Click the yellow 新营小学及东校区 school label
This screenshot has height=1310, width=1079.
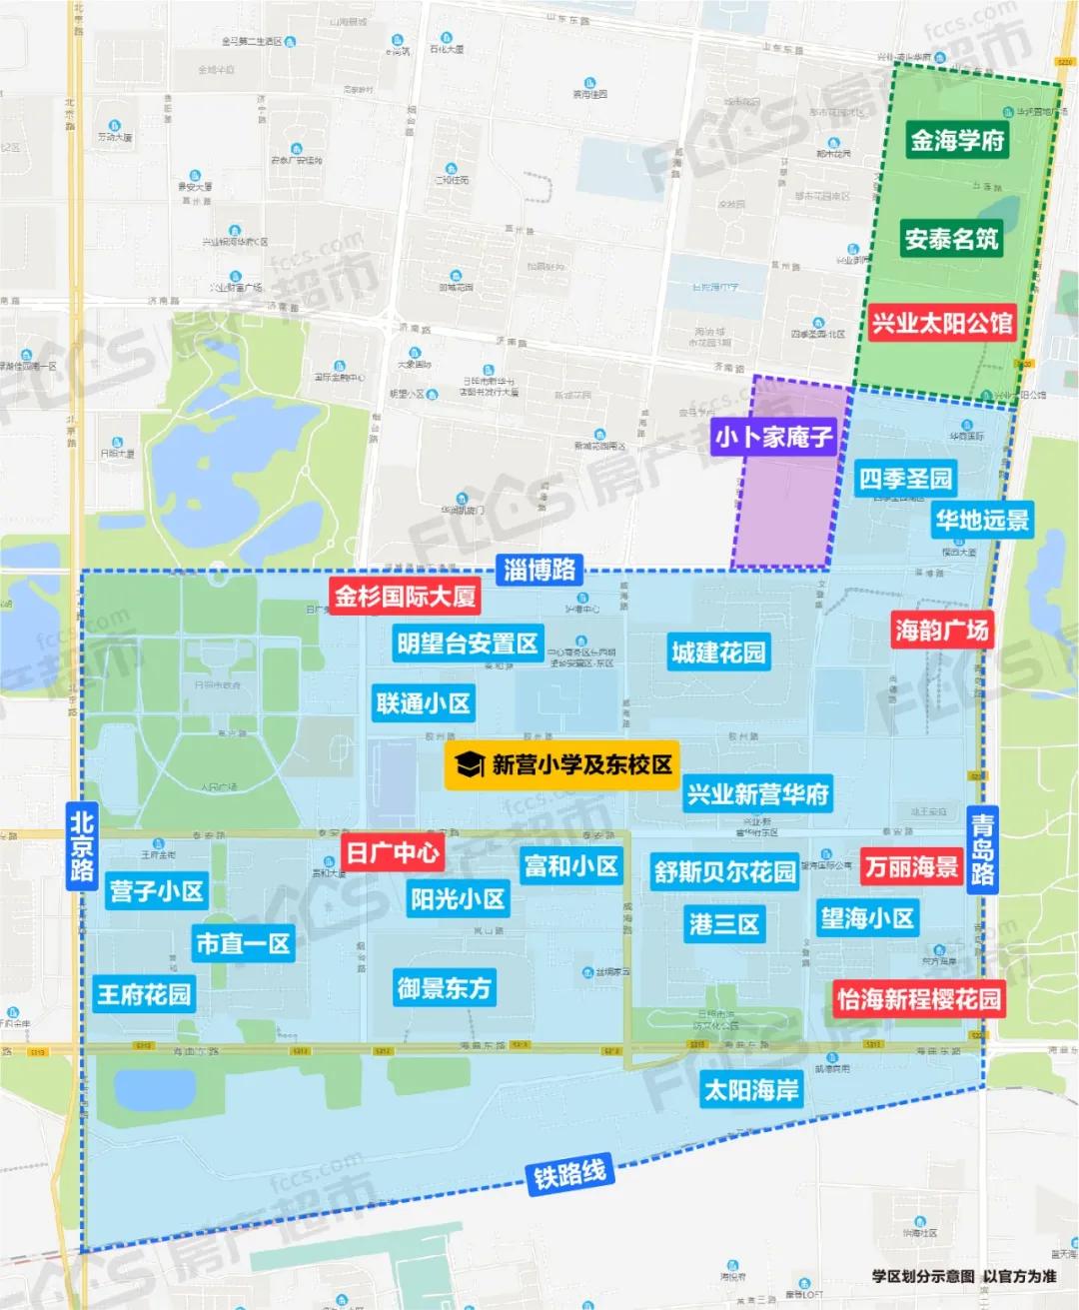pyautogui.click(x=562, y=765)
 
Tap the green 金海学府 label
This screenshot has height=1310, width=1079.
pyautogui.click(x=956, y=141)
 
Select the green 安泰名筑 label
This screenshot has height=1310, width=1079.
pyautogui.click(x=951, y=240)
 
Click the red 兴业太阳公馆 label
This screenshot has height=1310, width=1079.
pyautogui.click(x=941, y=323)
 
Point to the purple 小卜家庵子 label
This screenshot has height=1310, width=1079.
pyautogui.click(x=773, y=437)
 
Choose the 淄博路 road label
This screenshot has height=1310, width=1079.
pyautogui.click(x=539, y=570)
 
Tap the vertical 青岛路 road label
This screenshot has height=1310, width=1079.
pyautogui.click(x=982, y=850)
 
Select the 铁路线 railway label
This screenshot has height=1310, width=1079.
pyautogui.click(x=569, y=1173)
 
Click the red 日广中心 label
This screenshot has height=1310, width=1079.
pyautogui.click(x=393, y=852)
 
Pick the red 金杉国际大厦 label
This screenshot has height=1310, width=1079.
pyautogui.click(x=405, y=597)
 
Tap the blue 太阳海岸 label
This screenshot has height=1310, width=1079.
pyautogui.click(x=751, y=1089)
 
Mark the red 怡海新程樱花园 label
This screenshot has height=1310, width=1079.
pyautogui.click(x=918, y=999)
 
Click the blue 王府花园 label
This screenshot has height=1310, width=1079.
pyautogui.click(x=144, y=994)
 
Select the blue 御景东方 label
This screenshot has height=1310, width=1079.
pyautogui.click(x=445, y=988)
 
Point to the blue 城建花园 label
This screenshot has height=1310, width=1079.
pyautogui.click(x=718, y=654)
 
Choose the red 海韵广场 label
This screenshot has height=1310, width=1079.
pyautogui.click(x=941, y=630)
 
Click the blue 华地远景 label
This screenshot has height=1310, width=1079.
pyautogui.click(x=982, y=520)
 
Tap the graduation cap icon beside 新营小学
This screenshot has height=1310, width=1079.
pyautogui.click(x=470, y=765)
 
